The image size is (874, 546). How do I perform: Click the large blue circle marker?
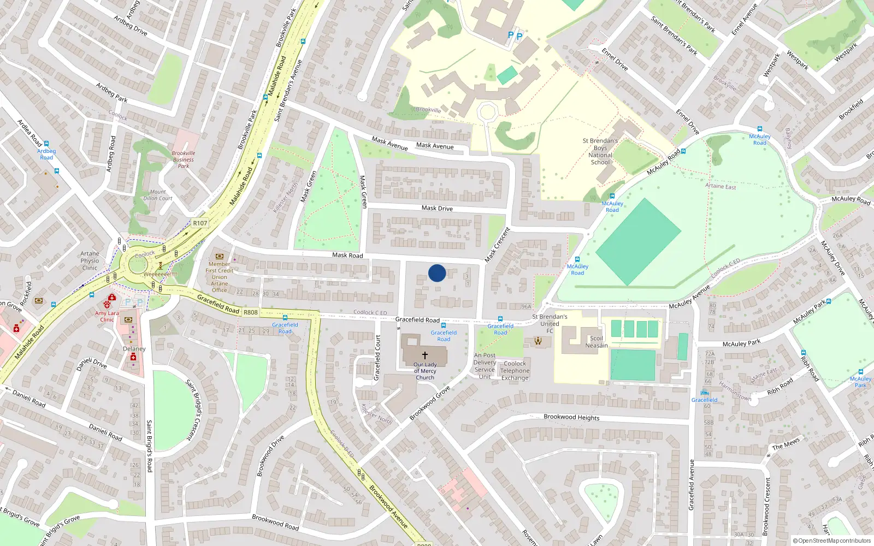pyautogui.click(x=437, y=273)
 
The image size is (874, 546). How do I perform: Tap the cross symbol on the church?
pyautogui.click(x=424, y=355)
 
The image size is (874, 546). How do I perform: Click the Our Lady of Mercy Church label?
pyautogui.click(x=425, y=371)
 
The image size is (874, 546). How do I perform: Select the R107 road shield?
pyautogui.click(x=200, y=223)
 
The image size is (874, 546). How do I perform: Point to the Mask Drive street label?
pyautogui.click(x=437, y=208)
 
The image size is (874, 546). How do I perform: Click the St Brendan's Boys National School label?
pyautogui.click(x=600, y=151)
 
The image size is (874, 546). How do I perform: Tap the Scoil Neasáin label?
pyautogui.click(x=597, y=342)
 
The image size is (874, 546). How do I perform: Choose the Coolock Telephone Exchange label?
pyautogui.click(x=515, y=370)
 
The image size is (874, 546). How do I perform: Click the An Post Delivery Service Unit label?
pyautogui.click(x=485, y=366)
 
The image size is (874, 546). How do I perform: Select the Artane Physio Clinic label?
pyautogui.click(x=90, y=260)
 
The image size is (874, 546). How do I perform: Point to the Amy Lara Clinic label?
pyautogui.click(x=107, y=316)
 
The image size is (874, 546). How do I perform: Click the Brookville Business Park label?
pyautogui.click(x=183, y=159)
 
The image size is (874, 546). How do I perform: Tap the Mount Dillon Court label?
pyautogui.click(x=158, y=195)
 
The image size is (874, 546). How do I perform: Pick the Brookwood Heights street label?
pyautogui.click(x=571, y=417)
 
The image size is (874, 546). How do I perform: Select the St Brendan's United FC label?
pyautogui.click(x=550, y=323)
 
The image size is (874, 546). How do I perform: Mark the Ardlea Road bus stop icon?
pyautogui.click(x=46, y=144)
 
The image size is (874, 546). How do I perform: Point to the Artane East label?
pyautogui.click(x=721, y=186)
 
